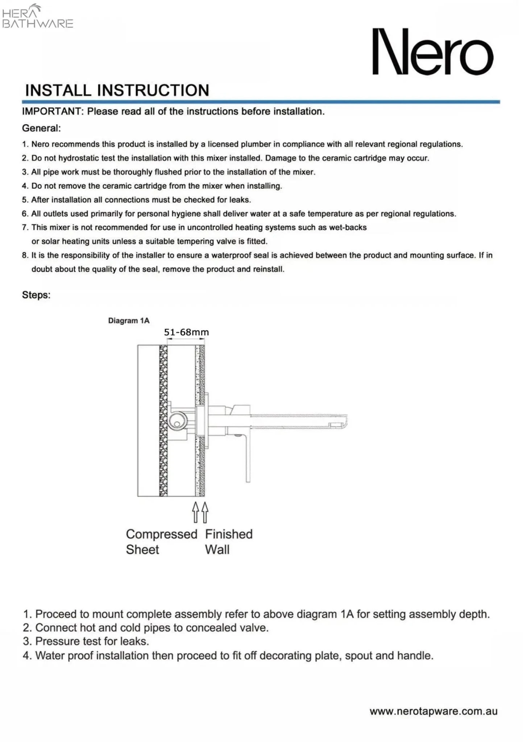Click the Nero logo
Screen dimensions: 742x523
(x=433, y=52)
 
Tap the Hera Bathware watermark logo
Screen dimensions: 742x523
(x=37, y=17)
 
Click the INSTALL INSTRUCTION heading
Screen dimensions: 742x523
(x=117, y=90)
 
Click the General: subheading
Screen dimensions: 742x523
(x=41, y=128)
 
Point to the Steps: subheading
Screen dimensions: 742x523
(x=36, y=295)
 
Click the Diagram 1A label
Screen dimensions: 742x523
(x=129, y=321)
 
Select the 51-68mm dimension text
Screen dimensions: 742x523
(x=186, y=332)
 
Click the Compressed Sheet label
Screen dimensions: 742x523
(x=161, y=542)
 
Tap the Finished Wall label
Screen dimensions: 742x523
(x=228, y=542)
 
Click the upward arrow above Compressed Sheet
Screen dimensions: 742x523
(x=196, y=512)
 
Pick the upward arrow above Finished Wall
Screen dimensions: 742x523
(x=205, y=512)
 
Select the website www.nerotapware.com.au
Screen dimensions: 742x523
(x=433, y=711)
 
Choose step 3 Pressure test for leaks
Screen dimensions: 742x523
(x=86, y=641)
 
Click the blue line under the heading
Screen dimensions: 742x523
(x=261, y=102)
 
